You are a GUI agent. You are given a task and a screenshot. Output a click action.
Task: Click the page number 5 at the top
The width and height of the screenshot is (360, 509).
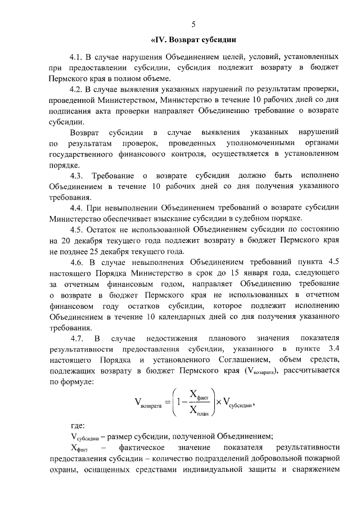pyautogui.click(x=193, y=24)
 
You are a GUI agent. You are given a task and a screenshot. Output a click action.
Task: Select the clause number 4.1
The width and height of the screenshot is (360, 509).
pyautogui.click(x=76, y=57)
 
